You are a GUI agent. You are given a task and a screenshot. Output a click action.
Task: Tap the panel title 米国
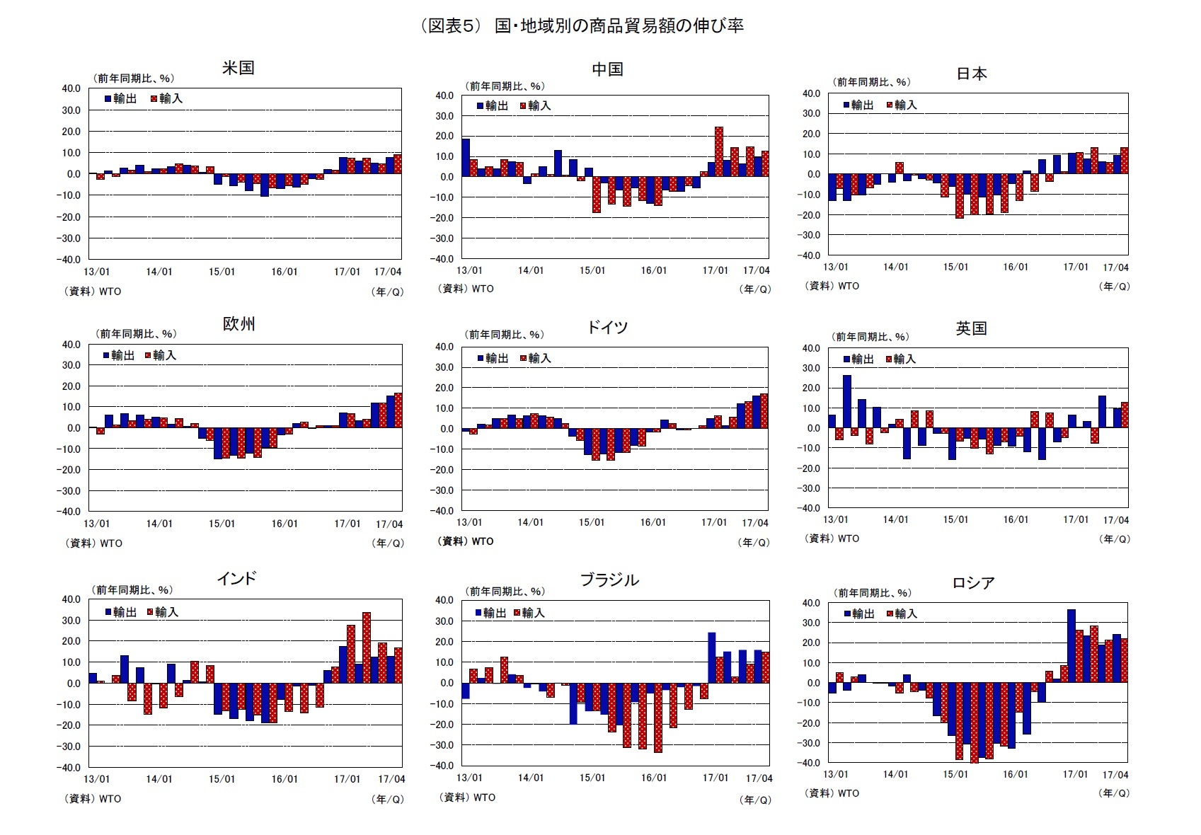[238, 68]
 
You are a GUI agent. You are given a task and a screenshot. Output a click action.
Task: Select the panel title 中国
[607, 69]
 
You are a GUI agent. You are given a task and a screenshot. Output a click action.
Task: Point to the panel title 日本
[971, 74]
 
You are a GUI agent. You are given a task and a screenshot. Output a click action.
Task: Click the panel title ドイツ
[607, 327]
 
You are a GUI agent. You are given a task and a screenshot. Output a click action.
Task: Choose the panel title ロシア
[973, 583]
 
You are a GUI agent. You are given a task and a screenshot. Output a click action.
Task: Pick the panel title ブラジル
[609, 580]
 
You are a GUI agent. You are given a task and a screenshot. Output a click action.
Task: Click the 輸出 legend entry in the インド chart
[120, 612]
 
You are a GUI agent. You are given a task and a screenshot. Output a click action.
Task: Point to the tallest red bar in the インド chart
[367, 647]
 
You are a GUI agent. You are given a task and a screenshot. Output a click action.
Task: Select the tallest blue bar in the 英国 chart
[846, 401]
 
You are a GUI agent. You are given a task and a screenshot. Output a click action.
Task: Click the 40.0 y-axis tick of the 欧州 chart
[71, 345]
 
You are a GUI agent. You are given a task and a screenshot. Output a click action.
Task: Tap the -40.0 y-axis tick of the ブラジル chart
[444, 766]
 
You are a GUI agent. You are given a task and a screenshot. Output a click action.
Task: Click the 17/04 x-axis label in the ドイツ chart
[754, 523]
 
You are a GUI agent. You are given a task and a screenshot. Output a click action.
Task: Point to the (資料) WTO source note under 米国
[93, 292]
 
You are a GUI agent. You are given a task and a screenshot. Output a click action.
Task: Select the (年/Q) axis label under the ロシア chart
[1114, 794]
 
